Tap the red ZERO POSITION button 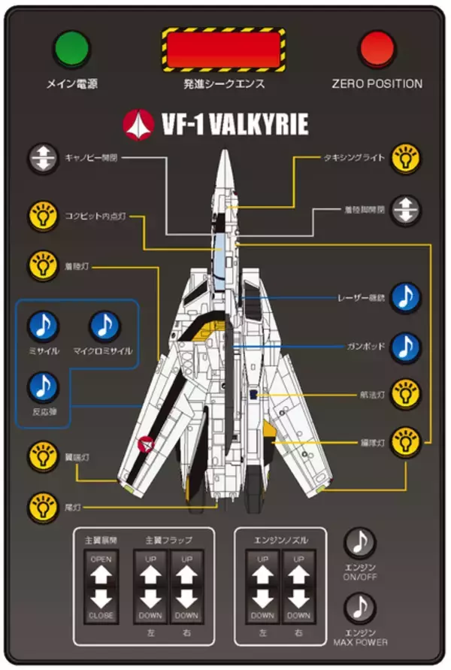point(377,49)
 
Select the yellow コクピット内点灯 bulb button point(43,217)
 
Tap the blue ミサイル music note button point(44,326)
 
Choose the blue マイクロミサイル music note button point(104,326)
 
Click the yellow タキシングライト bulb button point(406,159)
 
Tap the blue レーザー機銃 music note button point(406,298)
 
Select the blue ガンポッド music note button point(406,347)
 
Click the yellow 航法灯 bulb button point(406,393)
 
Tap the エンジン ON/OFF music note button point(360,541)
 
